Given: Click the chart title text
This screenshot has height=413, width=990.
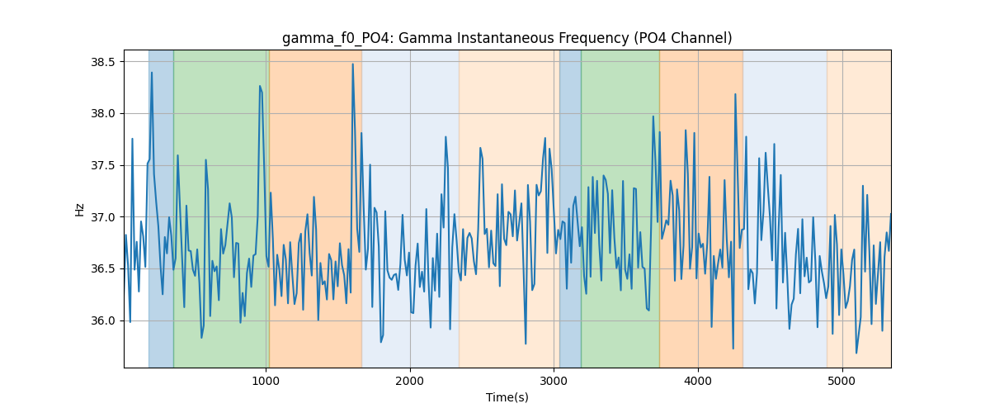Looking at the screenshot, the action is coord(507,39).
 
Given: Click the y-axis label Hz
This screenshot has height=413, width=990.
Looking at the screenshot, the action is coord(79,209).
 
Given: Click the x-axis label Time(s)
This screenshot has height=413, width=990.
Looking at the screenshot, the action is coord(507,397).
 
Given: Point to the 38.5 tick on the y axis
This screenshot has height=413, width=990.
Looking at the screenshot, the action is coord(102,62).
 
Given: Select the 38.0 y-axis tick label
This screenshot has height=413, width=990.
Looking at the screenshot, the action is coord(102,114).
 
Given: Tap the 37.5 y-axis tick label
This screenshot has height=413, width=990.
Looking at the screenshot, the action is coord(102,165).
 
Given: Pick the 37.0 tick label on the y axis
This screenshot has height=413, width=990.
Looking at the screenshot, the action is coord(102,217).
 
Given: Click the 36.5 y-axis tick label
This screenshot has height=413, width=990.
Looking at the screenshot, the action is coord(102,269).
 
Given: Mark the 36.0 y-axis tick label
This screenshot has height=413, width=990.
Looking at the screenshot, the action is coord(102,321).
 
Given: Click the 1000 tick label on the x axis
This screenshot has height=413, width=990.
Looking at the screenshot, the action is coord(266,381).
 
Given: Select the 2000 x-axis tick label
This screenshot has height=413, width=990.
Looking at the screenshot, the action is coord(410,381).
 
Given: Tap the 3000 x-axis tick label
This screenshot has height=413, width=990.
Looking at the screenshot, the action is coord(554,381).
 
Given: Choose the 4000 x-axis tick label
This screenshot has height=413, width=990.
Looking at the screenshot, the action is coord(698,381).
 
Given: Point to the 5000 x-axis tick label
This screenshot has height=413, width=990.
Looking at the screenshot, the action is coord(842,381).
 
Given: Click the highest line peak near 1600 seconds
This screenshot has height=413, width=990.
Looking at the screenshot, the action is coord(353,64).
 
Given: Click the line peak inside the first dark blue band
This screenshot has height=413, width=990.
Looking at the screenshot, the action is coord(152,73).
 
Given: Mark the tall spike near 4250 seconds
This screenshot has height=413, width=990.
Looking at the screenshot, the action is coord(735,94).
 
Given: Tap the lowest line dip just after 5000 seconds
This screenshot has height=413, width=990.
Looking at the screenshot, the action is coord(856,353).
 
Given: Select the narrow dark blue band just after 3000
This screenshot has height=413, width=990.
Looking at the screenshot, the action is coord(570,208).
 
